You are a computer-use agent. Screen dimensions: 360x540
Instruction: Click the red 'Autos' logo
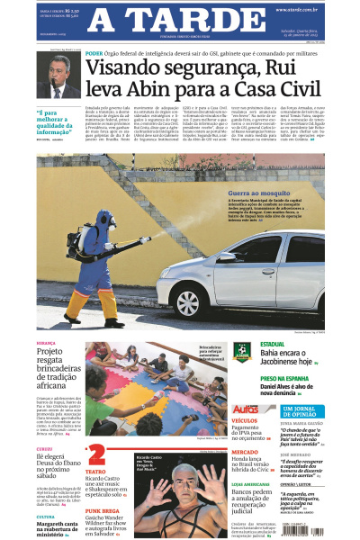pos(245,409)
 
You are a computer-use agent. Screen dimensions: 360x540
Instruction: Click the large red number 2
pos(96,455)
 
